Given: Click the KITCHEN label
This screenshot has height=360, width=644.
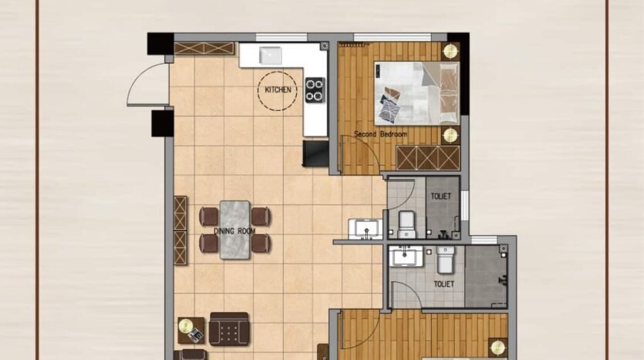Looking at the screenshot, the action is click(x=278, y=90).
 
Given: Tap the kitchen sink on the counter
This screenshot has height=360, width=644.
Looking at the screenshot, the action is click(x=270, y=56).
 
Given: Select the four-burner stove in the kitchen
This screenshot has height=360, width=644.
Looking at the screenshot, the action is click(x=315, y=90).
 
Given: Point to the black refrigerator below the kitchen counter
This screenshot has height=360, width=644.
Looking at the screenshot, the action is click(x=316, y=153).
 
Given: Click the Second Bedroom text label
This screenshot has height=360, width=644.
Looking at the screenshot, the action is click(x=381, y=134).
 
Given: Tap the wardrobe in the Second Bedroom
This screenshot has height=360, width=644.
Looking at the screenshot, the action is click(x=427, y=157).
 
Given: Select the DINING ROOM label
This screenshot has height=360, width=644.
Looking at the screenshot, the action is click(x=234, y=231).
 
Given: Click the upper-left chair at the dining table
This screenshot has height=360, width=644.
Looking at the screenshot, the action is click(x=209, y=217).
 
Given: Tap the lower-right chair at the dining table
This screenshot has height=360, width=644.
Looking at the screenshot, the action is click(x=261, y=244).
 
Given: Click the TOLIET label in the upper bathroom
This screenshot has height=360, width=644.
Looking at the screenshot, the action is click(x=440, y=197).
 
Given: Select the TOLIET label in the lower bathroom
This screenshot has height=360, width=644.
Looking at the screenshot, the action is click(x=444, y=284).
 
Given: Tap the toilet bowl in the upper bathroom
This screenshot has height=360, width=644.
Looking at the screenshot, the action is click(x=406, y=224).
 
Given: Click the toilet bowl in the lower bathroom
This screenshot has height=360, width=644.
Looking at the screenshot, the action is click(x=446, y=260).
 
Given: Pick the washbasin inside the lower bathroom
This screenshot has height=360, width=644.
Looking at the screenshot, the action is click(x=406, y=256).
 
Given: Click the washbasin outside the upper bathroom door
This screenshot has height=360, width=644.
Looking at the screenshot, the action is click(x=366, y=229).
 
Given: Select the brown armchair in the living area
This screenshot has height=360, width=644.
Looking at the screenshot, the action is click(x=229, y=329).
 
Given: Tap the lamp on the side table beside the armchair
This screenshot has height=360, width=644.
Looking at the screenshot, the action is click(x=186, y=326).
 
